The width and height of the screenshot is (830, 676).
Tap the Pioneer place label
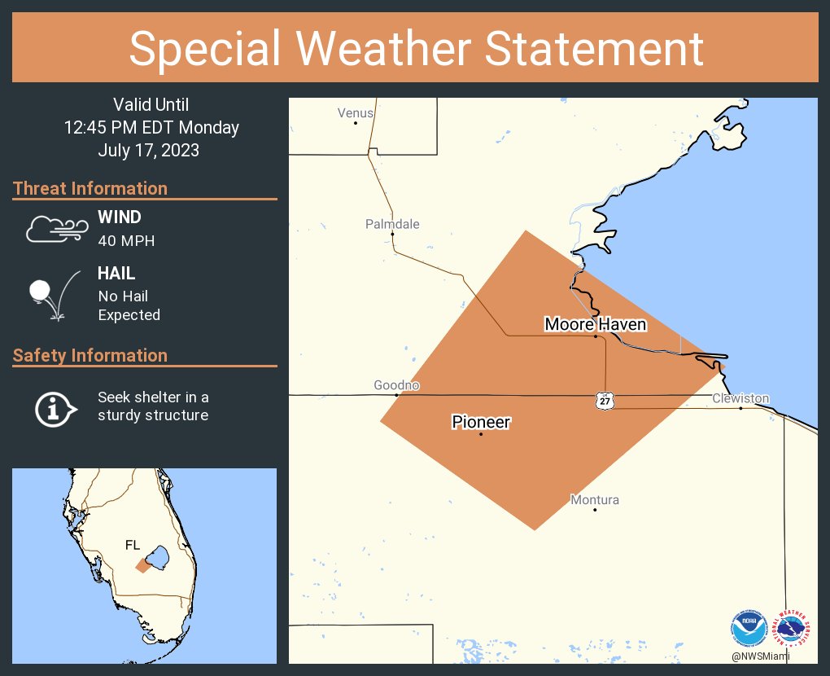click(x=481, y=422)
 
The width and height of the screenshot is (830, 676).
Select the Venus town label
click(x=356, y=113)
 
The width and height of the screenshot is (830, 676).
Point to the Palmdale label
click(x=392, y=224)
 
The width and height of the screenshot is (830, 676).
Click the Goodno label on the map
click(x=396, y=385)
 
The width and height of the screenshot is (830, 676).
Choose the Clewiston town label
click(x=740, y=398)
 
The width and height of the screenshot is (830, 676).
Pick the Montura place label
click(x=595, y=500)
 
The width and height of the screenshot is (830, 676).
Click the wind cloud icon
click(x=56, y=230)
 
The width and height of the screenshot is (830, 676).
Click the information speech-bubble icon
click(x=55, y=407)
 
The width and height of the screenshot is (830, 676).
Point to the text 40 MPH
click(x=126, y=240)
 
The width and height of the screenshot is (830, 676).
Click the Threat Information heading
click(x=90, y=189)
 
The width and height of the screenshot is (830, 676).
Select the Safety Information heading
click(x=90, y=356)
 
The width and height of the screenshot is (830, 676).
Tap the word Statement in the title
click(x=595, y=48)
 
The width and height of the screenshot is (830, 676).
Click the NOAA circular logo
click(x=748, y=628)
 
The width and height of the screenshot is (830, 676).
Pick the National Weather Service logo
click(x=793, y=628)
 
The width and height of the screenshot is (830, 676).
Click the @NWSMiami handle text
click(x=760, y=656)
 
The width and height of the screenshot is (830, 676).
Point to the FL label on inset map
click(x=133, y=545)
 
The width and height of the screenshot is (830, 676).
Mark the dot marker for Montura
click(x=595, y=510)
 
